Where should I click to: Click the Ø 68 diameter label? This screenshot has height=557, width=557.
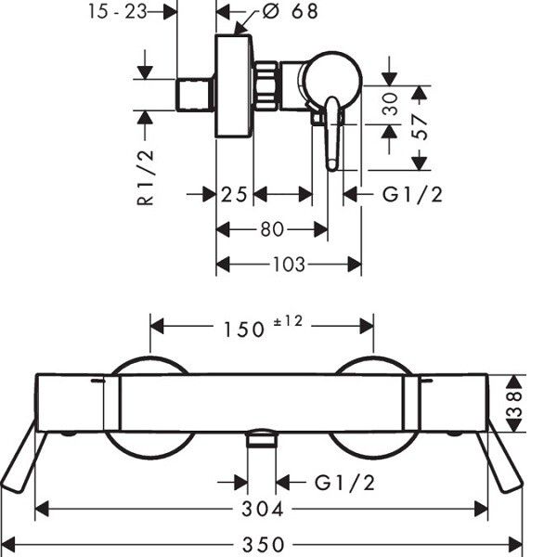coord(290,11)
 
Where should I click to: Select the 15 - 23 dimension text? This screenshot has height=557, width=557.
coord(118,11)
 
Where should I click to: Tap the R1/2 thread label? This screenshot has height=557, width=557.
coord(146,178)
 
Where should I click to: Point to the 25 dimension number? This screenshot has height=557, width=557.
coord(234,194)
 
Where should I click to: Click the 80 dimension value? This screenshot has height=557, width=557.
coord(272,229)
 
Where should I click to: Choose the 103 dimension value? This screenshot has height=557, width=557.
coord(289,265)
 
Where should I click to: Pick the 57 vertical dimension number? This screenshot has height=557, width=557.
coord(420,127)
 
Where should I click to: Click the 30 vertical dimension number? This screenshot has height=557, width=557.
coord(391,104)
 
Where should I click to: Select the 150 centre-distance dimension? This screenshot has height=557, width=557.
coord(244,330)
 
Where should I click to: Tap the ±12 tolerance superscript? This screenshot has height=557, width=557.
coord(288,321)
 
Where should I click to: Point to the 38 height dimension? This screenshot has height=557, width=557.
coord(514,404)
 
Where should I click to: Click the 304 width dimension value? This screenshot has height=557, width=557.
coord(263,509)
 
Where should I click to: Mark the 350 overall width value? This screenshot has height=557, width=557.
coord(264,544)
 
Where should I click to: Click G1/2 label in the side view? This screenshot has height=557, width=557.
coord(412,195)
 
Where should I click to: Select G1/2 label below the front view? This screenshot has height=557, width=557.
coord(344,483)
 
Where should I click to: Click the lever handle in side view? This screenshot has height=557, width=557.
coord(332,134)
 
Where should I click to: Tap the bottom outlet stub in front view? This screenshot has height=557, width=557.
coord(262,437)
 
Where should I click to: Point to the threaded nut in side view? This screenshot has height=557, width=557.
coord(266,85)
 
